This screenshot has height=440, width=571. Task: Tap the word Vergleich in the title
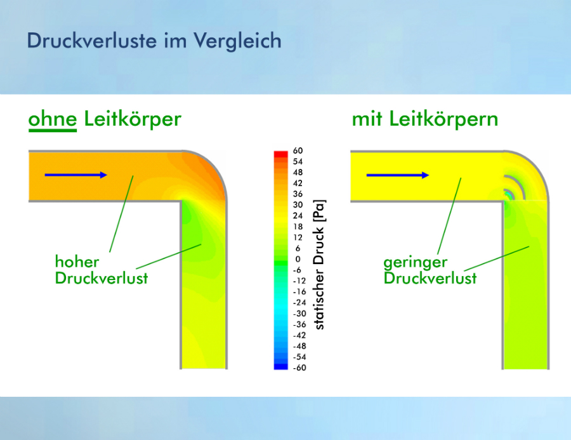(x=237, y=41)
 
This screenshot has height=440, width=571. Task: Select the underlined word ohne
(x=53, y=119)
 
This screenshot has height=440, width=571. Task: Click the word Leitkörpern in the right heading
(x=443, y=119)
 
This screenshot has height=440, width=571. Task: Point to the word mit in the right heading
(x=367, y=119)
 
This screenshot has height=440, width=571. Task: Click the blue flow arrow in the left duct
(x=75, y=175)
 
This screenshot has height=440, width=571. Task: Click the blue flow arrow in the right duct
(x=398, y=175)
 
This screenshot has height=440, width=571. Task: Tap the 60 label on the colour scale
(x=298, y=150)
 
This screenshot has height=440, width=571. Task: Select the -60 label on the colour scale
(x=299, y=368)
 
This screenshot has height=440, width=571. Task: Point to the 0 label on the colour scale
(x=298, y=259)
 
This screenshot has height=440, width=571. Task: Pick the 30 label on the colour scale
(x=298, y=205)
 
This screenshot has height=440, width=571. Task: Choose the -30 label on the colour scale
(x=299, y=314)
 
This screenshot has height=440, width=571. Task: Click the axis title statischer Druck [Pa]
(x=319, y=265)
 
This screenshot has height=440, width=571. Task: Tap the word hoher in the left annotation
(x=77, y=262)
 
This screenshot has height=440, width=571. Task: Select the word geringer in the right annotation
(x=415, y=262)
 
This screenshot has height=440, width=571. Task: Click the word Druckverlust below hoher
(x=102, y=278)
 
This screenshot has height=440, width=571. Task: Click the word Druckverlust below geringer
(x=430, y=278)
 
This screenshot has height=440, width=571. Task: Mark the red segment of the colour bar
(x=281, y=154)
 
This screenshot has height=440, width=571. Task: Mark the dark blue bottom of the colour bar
(x=281, y=366)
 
